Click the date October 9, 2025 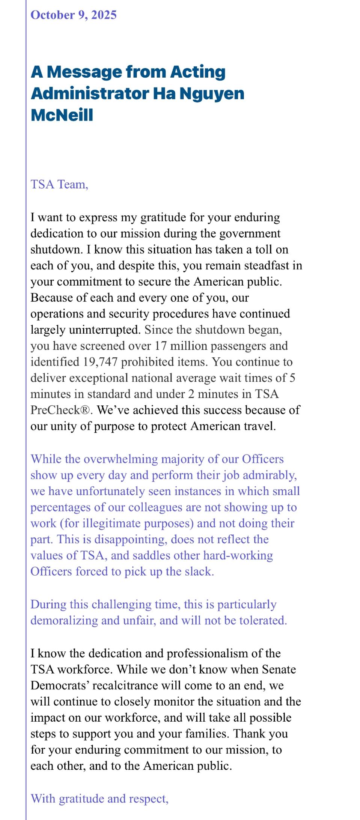point(74,15)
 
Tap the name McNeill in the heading point(62,115)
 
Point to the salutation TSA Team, point(59,185)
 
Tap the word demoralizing point(64,620)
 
